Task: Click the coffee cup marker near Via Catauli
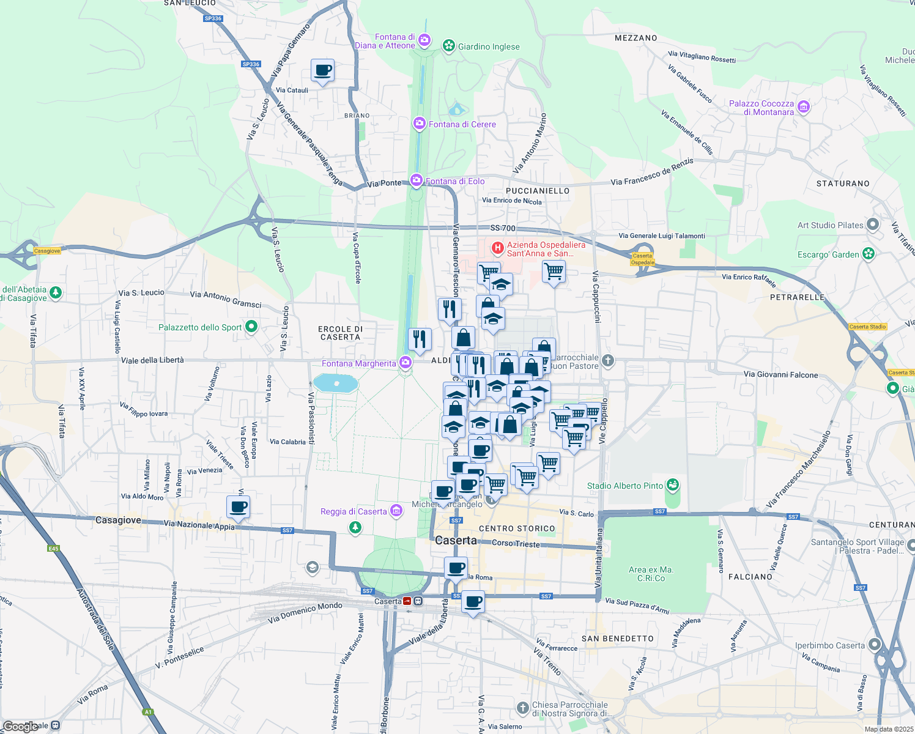point(322,71)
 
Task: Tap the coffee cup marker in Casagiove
point(238,507)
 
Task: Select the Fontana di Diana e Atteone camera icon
point(424,40)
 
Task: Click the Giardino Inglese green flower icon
point(449,46)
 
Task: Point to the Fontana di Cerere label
point(462,124)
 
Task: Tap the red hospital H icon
point(498,248)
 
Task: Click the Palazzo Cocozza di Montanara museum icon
point(803,108)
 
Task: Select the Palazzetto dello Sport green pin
point(251,327)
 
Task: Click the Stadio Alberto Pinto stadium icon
point(673,486)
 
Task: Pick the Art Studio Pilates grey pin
point(873,225)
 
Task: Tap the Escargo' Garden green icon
point(869,254)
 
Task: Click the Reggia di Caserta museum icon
point(396,511)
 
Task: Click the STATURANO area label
point(843,183)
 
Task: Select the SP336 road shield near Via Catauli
point(251,64)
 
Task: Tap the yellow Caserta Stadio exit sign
point(867,327)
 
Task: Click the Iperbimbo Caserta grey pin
point(874,645)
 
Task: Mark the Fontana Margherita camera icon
point(405,363)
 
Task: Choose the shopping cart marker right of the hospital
point(554,271)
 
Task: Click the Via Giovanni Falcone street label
point(780,374)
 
